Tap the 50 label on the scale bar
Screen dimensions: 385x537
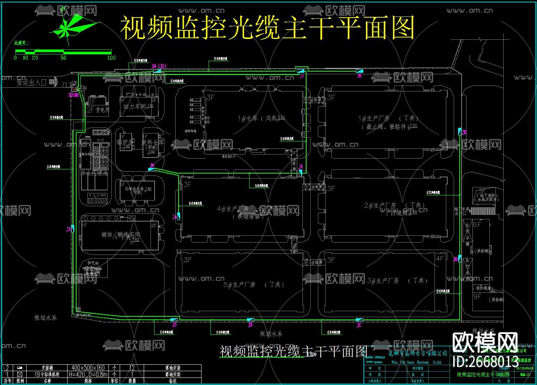(x=63, y=58)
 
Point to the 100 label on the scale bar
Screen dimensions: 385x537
(x=111, y=58)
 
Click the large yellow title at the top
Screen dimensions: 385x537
(x=267, y=28)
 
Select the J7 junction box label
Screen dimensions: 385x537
(x=302, y=76)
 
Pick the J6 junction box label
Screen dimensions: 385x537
(x=359, y=76)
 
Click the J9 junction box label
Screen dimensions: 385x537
(x=152, y=165)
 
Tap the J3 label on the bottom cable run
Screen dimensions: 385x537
(x=174, y=325)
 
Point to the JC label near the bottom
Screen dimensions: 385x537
(x=359, y=325)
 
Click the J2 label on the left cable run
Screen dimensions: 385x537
(x=69, y=229)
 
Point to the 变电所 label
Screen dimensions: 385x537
(x=102, y=110)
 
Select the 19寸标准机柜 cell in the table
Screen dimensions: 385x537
(x=47, y=374)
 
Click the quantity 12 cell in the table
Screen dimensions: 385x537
(x=132, y=368)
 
